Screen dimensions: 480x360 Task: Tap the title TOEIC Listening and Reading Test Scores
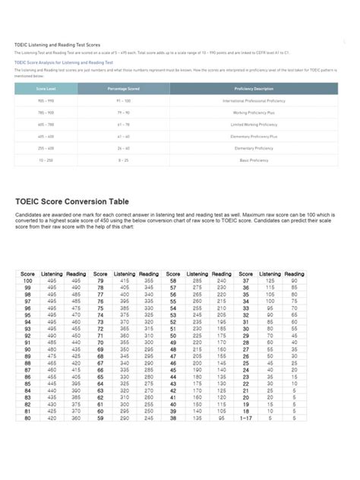(58, 45)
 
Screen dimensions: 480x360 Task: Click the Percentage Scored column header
(124, 89)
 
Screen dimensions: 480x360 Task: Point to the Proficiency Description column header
(254, 89)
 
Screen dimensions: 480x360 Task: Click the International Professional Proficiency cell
(254, 100)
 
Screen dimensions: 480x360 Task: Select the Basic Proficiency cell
(254, 160)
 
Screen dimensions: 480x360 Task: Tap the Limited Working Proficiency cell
(254, 124)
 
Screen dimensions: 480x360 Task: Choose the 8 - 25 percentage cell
(124, 160)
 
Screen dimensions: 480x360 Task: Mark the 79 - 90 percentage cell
(124, 112)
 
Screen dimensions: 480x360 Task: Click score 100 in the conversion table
(27, 280)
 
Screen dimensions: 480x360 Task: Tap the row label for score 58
(173, 280)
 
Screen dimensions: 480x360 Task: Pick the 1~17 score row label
(246, 418)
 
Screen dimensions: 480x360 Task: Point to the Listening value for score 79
(125, 280)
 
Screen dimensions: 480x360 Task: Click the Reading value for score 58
(222, 280)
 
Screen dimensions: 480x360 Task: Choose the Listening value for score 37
(270, 280)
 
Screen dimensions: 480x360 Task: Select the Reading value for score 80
(76, 418)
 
